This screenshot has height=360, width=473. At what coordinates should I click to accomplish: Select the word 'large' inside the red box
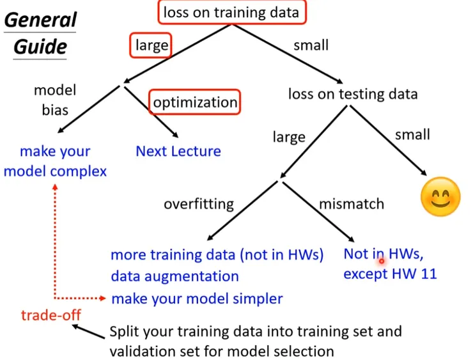click(151, 45)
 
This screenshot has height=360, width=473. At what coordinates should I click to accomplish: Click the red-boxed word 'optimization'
click(195, 102)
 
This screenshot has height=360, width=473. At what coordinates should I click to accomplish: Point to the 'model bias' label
click(55, 100)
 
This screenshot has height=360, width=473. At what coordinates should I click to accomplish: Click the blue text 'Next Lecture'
click(178, 152)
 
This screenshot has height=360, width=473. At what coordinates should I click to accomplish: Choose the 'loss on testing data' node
click(352, 94)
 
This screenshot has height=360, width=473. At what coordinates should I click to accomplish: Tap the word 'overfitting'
click(199, 204)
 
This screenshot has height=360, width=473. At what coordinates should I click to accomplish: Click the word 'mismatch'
click(352, 204)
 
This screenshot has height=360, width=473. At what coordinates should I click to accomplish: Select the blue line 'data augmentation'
click(174, 276)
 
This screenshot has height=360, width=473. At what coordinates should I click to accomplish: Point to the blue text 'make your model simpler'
click(197, 299)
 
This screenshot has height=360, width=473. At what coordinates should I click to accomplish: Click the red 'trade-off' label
click(50, 315)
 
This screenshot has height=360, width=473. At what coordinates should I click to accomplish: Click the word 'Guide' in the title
click(40, 47)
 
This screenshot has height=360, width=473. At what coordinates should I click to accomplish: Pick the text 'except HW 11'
click(390, 274)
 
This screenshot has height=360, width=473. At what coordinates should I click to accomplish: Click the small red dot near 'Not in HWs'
click(382, 260)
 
